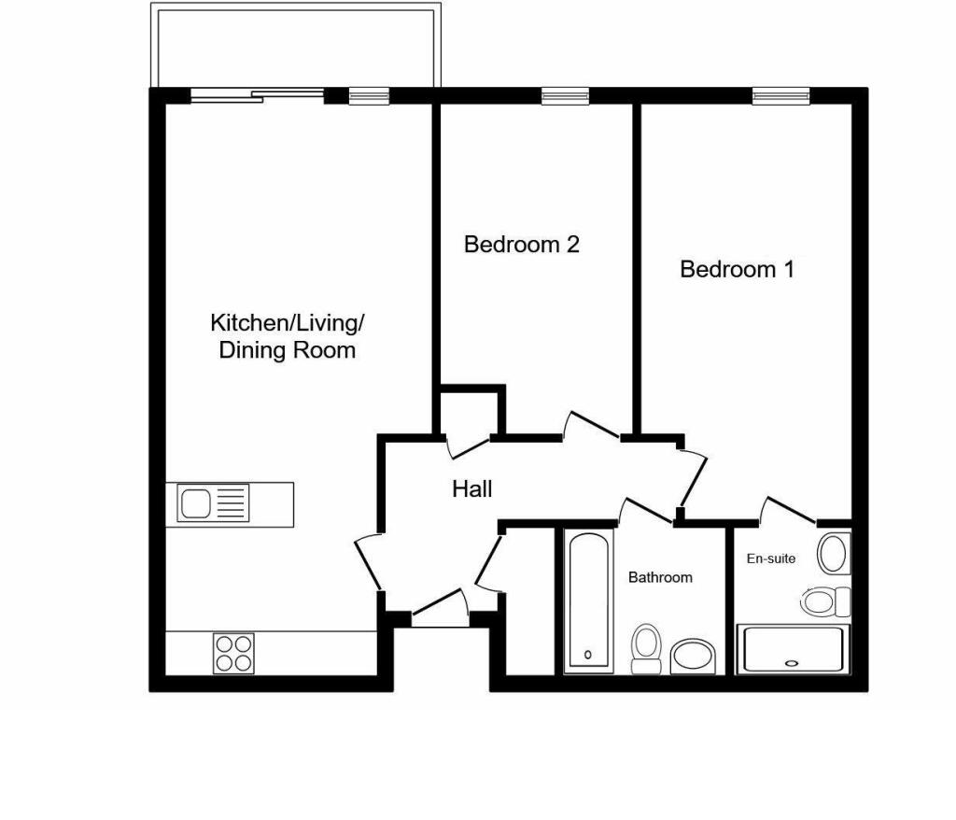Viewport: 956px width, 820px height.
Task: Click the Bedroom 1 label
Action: (737, 270)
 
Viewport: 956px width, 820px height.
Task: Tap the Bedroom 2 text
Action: (522, 245)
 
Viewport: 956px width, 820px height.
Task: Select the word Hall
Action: (471, 488)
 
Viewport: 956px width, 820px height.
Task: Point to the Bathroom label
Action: (660, 577)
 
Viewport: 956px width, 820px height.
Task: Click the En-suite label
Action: (771, 558)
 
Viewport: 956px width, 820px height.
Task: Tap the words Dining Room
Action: (287, 351)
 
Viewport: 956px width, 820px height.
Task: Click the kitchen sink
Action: (215, 504)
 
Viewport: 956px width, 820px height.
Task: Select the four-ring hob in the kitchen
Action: (234, 652)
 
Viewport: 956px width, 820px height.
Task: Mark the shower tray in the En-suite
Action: (793, 649)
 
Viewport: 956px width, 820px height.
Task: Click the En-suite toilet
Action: (824, 601)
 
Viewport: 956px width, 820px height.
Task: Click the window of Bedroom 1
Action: (781, 94)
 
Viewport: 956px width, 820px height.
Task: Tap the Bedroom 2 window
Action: (565, 94)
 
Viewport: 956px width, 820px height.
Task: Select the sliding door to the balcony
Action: (259, 94)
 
